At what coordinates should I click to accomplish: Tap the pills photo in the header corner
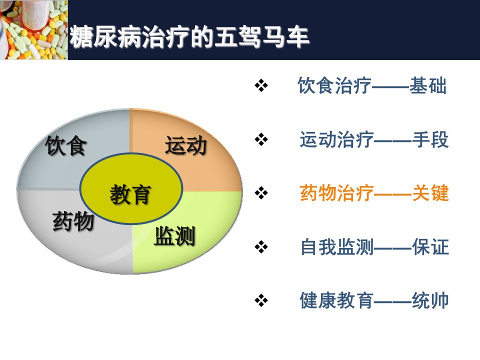33,29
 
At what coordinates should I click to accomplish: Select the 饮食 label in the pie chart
66,146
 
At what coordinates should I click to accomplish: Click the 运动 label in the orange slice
186,145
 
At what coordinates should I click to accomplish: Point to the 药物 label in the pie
73,221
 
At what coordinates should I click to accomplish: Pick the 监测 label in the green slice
174,236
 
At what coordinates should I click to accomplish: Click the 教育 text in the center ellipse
130,194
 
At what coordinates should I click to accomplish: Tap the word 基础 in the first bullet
428,85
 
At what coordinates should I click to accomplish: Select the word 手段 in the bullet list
430,139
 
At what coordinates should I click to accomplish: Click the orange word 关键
430,193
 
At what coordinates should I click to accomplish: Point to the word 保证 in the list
430,247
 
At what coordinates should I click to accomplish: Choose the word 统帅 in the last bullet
430,300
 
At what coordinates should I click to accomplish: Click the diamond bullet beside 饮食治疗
261,85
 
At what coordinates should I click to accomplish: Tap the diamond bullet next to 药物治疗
261,193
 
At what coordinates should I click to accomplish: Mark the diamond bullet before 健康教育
261,300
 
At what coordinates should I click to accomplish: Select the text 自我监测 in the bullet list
336,247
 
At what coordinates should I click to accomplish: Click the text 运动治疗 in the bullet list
336,139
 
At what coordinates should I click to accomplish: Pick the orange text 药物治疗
336,193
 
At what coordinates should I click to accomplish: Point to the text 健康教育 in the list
336,300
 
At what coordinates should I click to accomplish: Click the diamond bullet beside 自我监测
261,246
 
